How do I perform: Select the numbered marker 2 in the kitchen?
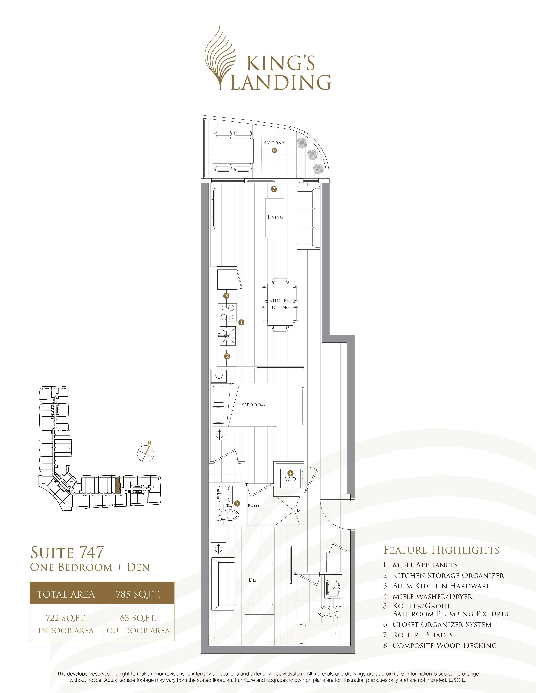click(x=227, y=356)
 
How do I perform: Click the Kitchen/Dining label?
click(x=280, y=304)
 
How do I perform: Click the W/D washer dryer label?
click(x=290, y=479)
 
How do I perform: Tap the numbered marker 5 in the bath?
click(x=237, y=503)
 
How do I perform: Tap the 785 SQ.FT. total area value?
click(x=138, y=594)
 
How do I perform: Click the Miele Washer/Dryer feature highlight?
click(x=432, y=597)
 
